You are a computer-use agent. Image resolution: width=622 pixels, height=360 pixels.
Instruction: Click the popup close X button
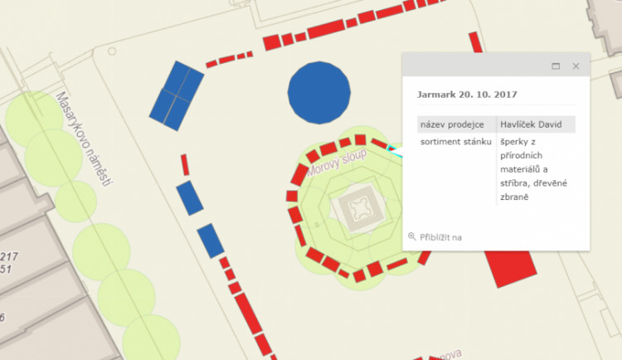[x=576, y=66]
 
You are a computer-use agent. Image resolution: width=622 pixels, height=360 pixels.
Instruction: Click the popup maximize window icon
[x=556, y=66]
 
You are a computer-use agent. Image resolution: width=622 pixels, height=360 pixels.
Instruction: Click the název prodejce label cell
[x=452, y=124]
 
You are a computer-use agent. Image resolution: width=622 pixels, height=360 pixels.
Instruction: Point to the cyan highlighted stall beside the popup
[x=394, y=151]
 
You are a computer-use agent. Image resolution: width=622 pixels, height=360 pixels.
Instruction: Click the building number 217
[x=9, y=257]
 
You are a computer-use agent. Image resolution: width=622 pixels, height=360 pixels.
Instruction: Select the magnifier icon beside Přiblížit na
[x=411, y=237]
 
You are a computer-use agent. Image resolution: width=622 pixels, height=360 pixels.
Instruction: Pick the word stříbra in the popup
[x=517, y=182]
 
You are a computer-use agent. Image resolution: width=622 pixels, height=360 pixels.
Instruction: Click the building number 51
[x=6, y=270]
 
